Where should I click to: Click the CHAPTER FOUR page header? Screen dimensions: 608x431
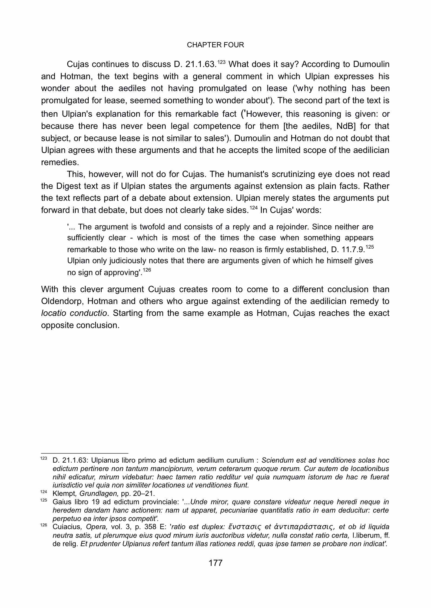(x=215, y=45)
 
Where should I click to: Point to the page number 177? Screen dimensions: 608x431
(x=215, y=563)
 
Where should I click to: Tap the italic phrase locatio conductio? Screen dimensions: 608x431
(x=74, y=313)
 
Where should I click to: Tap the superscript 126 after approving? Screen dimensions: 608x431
(x=147, y=270)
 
